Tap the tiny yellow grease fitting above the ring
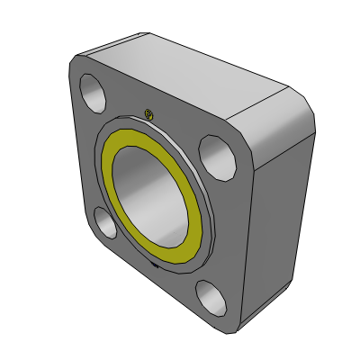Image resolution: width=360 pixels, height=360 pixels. coord(149,113)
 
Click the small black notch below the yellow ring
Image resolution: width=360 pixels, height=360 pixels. coord(156,266)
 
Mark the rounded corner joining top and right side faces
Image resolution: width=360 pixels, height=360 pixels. coord(301,103)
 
